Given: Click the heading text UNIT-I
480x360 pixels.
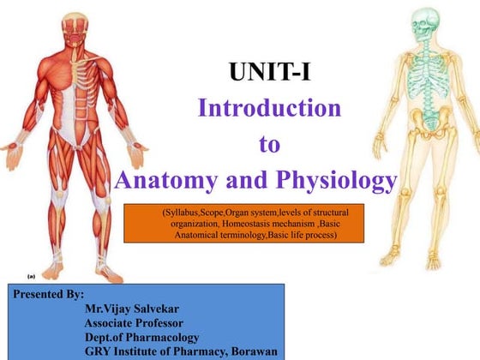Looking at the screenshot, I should tap(269, 74).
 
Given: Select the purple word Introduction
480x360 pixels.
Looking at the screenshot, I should tap(269, 109).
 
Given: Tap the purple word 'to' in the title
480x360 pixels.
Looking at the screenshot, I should tap(269, 144).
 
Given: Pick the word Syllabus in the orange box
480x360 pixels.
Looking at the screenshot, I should tap(181, 211).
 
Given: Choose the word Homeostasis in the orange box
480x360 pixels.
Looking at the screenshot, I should tap(271, 222).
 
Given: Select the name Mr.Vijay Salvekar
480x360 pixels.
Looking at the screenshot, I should tap(140, 309).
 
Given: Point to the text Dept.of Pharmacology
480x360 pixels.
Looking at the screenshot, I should tap(141, 338).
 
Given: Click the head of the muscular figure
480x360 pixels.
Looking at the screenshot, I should tap(74, 26).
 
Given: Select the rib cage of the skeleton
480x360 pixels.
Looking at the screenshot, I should tap(422, 77).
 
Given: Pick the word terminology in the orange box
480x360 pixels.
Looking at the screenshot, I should tap(248, 233).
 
